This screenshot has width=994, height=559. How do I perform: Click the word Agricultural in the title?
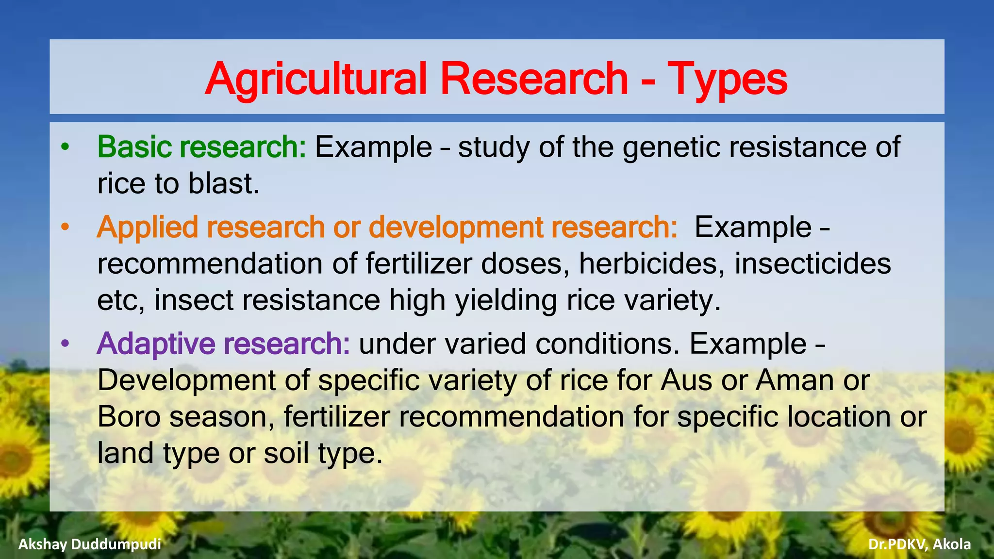point(316,79)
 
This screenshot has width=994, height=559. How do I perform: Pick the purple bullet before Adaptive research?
point(66,344)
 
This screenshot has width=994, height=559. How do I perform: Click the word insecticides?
point(812,263)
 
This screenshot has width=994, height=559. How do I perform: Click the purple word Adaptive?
point(155,344)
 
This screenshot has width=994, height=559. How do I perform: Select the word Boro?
point(129,417)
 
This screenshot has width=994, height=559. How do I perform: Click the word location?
point(839,417)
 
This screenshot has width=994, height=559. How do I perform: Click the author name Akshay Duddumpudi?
point(90,544)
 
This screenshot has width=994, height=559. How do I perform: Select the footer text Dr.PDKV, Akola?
point(919,544)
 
